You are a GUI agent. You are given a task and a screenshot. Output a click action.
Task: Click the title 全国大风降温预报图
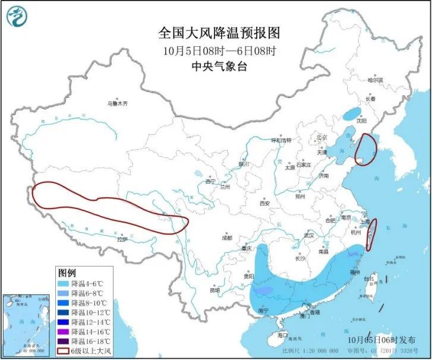[219, 32]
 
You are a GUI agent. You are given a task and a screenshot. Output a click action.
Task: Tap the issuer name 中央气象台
[219, 67]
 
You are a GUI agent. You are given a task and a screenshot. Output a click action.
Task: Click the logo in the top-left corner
[20, 18]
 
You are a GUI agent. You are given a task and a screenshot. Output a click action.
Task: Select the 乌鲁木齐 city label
[117, 103]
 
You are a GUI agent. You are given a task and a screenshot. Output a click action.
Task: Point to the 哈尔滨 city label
[375, 80]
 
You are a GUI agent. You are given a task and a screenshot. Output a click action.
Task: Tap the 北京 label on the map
[322, 137]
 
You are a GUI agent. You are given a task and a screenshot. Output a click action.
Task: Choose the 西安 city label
[264, 204]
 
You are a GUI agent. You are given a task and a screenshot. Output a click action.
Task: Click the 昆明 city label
[215, 290]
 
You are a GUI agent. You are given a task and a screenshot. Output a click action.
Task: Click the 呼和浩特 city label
[281, 141]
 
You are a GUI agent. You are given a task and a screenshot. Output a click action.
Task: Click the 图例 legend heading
[67, 273]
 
